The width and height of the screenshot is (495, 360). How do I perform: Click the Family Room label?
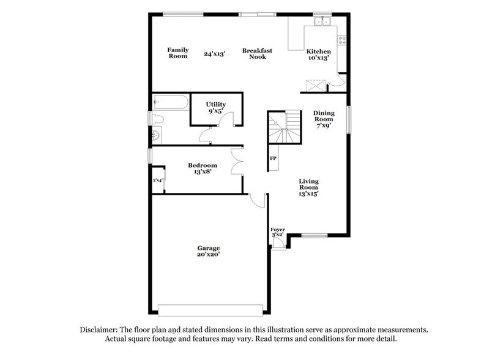[178, 53]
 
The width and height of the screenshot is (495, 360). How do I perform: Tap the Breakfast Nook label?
[256, 53]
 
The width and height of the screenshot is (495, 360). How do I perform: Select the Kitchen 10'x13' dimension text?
[319, 58]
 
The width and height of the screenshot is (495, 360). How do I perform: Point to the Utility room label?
[216, 105]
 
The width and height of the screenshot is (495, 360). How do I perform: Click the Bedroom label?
[202, 165]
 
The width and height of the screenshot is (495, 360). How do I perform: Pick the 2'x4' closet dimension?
[158, 180]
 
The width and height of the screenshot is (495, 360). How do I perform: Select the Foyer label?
[278, 230]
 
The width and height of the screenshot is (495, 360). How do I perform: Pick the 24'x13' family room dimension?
[215, 54]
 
